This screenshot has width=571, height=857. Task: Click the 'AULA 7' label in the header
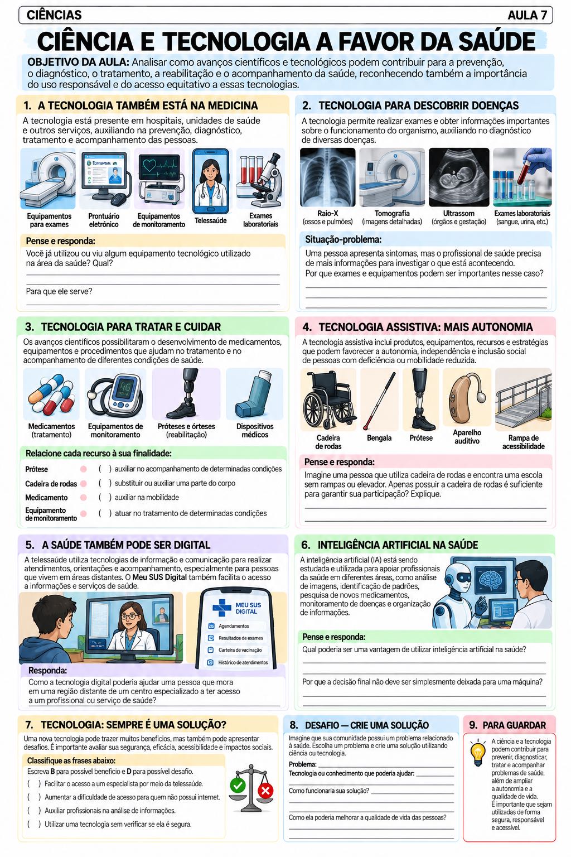(527, 15)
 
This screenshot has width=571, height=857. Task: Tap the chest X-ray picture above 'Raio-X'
(327, 177)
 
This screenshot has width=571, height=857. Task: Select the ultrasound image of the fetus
(458, 177)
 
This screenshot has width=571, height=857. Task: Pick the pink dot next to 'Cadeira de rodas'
(84, 484)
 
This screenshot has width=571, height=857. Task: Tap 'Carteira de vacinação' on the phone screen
(240, 649)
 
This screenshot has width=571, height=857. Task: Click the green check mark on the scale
(238, 786)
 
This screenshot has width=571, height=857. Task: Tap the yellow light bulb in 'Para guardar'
(478, 754)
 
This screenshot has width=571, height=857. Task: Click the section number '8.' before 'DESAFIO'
(294, 725)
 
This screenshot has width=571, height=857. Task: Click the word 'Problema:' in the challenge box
(303, 764)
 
